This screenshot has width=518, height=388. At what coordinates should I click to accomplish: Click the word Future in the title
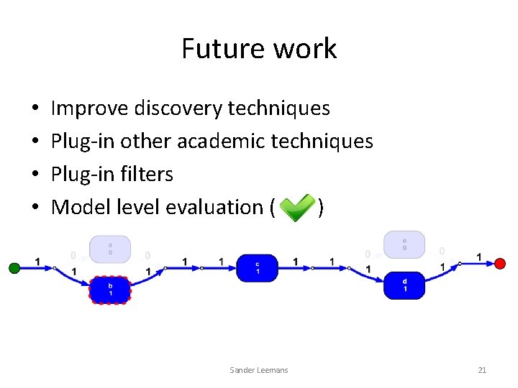point(213,49)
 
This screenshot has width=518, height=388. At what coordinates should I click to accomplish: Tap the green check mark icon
point(296,207)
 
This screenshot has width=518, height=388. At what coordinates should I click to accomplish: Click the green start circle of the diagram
point(14,268)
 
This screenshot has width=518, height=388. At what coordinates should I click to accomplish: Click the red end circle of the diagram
point(500,264)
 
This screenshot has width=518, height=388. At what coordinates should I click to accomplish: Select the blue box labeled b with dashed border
point(109,290)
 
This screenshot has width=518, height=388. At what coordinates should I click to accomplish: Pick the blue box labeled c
point(258,268)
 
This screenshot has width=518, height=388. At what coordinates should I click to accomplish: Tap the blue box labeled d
point(404,285)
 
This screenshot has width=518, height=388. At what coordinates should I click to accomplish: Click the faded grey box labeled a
point(109,249)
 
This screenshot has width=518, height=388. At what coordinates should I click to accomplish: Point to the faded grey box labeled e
point(404,244)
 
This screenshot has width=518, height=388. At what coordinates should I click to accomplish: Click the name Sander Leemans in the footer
point(258,370)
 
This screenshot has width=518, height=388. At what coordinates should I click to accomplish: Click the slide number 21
point(482,370)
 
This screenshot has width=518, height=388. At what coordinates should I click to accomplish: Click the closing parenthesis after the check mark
point(321,208)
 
